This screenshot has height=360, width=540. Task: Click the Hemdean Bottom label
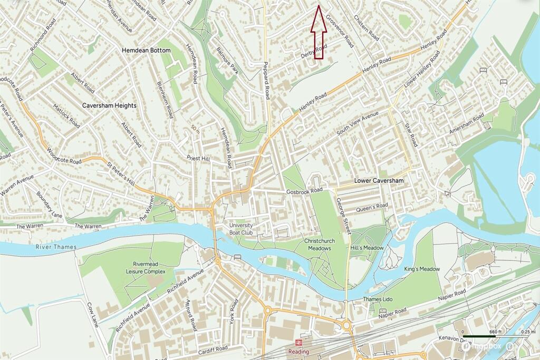tap(146, 50)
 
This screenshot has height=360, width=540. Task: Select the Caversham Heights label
tap(109, 105)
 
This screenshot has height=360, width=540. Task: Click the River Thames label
tap(57, 247)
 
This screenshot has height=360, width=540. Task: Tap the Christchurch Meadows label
tap(317, 245)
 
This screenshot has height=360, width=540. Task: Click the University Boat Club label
tap(241, 228)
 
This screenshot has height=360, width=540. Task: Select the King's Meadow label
tap(422, 269)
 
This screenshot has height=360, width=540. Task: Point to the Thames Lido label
tap(379, 299)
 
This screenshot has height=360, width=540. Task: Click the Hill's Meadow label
tap(366, 247)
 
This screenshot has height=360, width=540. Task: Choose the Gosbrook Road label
tap(304, 190)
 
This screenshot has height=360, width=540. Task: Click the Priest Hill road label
tap(198, 158)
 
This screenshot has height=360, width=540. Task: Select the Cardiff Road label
tap(214, 348)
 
